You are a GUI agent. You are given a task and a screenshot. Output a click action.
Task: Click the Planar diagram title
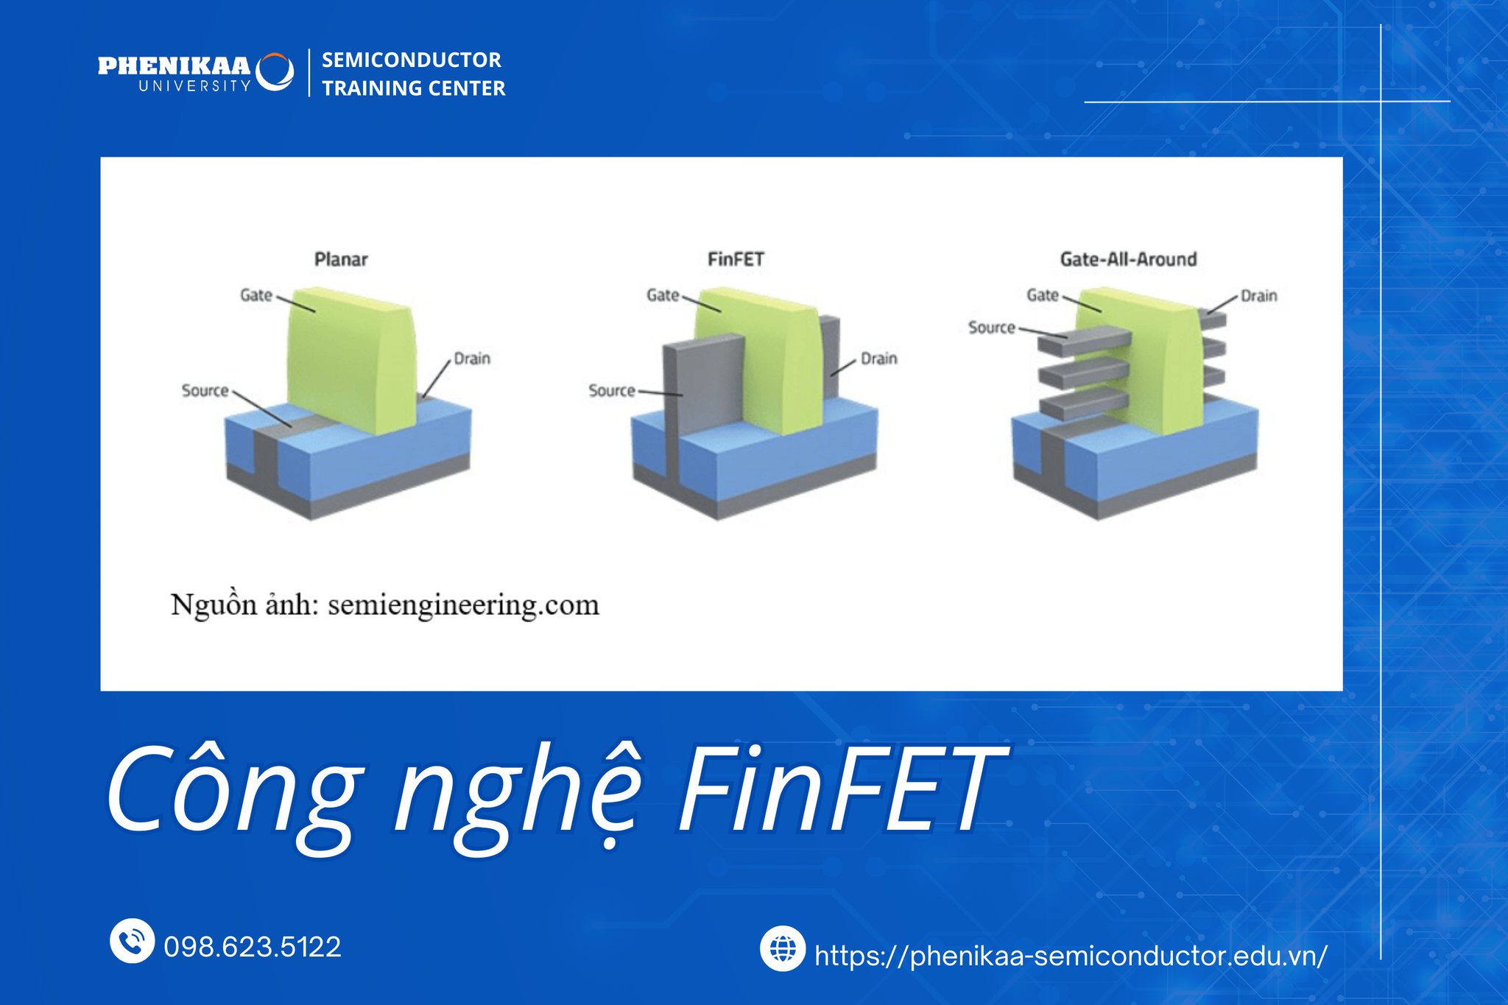pyautogui.click(x=341, y=259)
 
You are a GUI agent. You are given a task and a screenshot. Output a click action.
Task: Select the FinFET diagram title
pyautogui.click(x=736, y=259)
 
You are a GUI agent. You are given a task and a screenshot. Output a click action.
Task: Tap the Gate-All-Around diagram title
pyautogui.click(x=1128, y=259)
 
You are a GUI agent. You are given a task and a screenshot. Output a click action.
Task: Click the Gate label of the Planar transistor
pyautogui.click(x=256, y=295)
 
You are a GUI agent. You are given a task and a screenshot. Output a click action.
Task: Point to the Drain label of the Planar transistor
pyautogui.click(x=472, y=359)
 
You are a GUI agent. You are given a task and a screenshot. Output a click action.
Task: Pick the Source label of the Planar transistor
pyautogui.click(x=205, y=390)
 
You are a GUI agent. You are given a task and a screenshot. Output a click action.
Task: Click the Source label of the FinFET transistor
pyautogui.click(x=612, y=390)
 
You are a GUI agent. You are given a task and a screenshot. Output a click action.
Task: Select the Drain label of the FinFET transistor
pyautogui.click(x=879, y=359)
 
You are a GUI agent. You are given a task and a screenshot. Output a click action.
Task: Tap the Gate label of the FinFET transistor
pyautogui.click(x=663, y=295)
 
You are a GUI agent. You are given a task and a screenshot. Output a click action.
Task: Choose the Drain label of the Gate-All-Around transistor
pyautogui.click(x=1259, y=296)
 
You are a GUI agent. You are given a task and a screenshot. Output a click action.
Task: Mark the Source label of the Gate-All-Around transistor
pyautogui.click(x=992, y=327)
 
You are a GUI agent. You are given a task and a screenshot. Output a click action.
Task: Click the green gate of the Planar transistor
pyautogui.click(x=350, y=361)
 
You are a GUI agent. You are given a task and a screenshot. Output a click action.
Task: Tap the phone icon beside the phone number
pyautogui.click(x=132, y=940)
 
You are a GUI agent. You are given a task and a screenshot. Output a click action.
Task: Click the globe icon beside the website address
pyautogui.click(x=783, y=948)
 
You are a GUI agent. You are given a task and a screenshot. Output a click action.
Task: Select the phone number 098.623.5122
pyautogui.click(x=253, y=947)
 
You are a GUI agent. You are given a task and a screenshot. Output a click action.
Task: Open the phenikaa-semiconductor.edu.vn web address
pyautogui.click(x=1071, y=956)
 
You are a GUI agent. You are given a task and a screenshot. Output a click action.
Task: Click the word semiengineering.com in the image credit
pyautogui.click(x=463, y=606)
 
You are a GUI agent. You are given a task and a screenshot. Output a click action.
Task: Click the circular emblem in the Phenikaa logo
pyautogui.click(x=275, y=71)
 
